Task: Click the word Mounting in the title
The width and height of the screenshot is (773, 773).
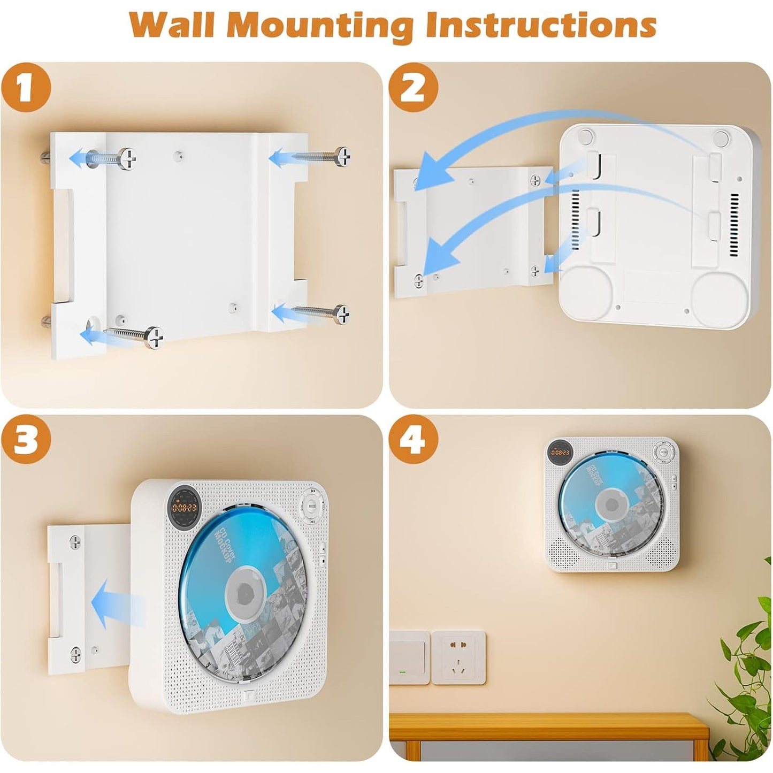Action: pyautogui.click(x=320, y=25)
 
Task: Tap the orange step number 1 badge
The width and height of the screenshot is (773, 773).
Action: pyautogui.click(x=26, y=87)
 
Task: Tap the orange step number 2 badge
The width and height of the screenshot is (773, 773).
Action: pyautogui.click(x=413, y=87)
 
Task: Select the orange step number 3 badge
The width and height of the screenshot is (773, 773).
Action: pyautogui.click(x=26, y=439)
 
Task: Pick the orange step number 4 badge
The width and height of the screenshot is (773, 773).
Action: pyautogui.click(x=413, y=439)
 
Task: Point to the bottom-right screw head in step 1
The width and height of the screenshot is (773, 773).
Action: pyautogui.click(x=341, y=314)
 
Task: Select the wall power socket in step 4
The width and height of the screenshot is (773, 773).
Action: pyautogui.click(x=458, y=657)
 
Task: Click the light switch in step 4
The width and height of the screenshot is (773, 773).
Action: pyautogui.click(x=409, y=657)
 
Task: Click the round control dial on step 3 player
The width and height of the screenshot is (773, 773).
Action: pyautogui.click(x=312, y=505)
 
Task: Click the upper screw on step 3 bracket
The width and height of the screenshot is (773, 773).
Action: pyautogui.click(x=76, y=543)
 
